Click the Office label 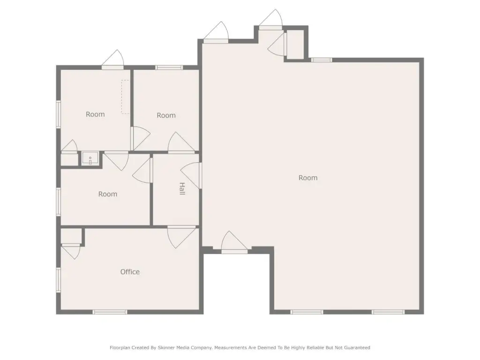(x=130, y=272)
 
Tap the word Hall (x=182, y=188)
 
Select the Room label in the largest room (x=308, y=178)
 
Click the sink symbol (x=90, y=159)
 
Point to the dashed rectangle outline (x=125, y=97)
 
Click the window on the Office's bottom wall (x=110, y=312)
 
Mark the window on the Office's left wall (x=59, y=280)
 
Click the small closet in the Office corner (x=71, y=236)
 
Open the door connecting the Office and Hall (x=181, y=237)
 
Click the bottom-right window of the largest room (x=388, y=312)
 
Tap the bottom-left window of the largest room (x=307, y=312)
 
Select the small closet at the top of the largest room (x=295, y=45)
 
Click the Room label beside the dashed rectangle (x=95, y=114)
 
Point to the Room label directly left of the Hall (x=108, y=194)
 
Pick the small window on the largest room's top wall (x=322, y=60)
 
